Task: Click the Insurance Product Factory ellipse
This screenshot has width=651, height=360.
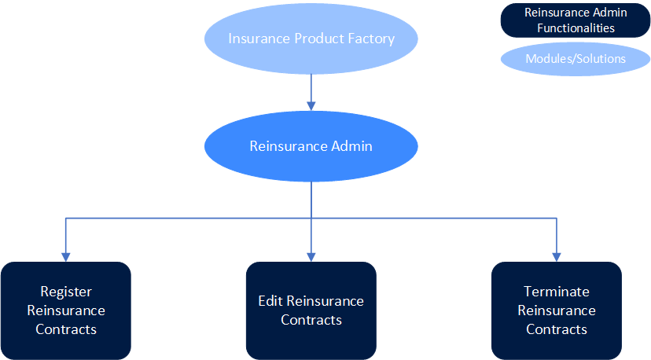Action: tap(311, 39)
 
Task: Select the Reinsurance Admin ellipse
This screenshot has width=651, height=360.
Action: tap(311, 146)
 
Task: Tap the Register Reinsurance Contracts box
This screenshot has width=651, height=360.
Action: tap(66, 310)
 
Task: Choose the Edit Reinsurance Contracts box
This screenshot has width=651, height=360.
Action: tap(311, 310)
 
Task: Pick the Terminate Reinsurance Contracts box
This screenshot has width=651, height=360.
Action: tap(556, 310)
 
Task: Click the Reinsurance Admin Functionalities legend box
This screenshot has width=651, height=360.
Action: tap(576, 20)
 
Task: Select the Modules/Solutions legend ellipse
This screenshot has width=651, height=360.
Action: tap(576, 59)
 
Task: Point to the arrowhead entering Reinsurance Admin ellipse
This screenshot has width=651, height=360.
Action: tap(311, 105)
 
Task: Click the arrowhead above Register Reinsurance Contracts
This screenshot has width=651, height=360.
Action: tap(66, 255)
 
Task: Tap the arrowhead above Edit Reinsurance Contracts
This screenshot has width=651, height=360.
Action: tap(311, 255)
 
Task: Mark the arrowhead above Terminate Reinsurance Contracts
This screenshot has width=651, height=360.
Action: tap(557, 255)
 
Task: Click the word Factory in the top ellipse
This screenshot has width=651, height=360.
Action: tap(372, 39)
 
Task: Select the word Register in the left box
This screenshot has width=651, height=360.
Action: tap(66, 292)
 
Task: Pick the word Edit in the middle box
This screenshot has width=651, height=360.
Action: tap(270, 301)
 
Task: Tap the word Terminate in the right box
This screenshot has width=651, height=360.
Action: tap(557, 292)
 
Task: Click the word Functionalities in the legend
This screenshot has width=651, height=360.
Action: tap(576, 28)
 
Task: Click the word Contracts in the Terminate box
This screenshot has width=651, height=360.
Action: tap(557, 329)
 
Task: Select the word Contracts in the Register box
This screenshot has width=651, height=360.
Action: tap(66, 329)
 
